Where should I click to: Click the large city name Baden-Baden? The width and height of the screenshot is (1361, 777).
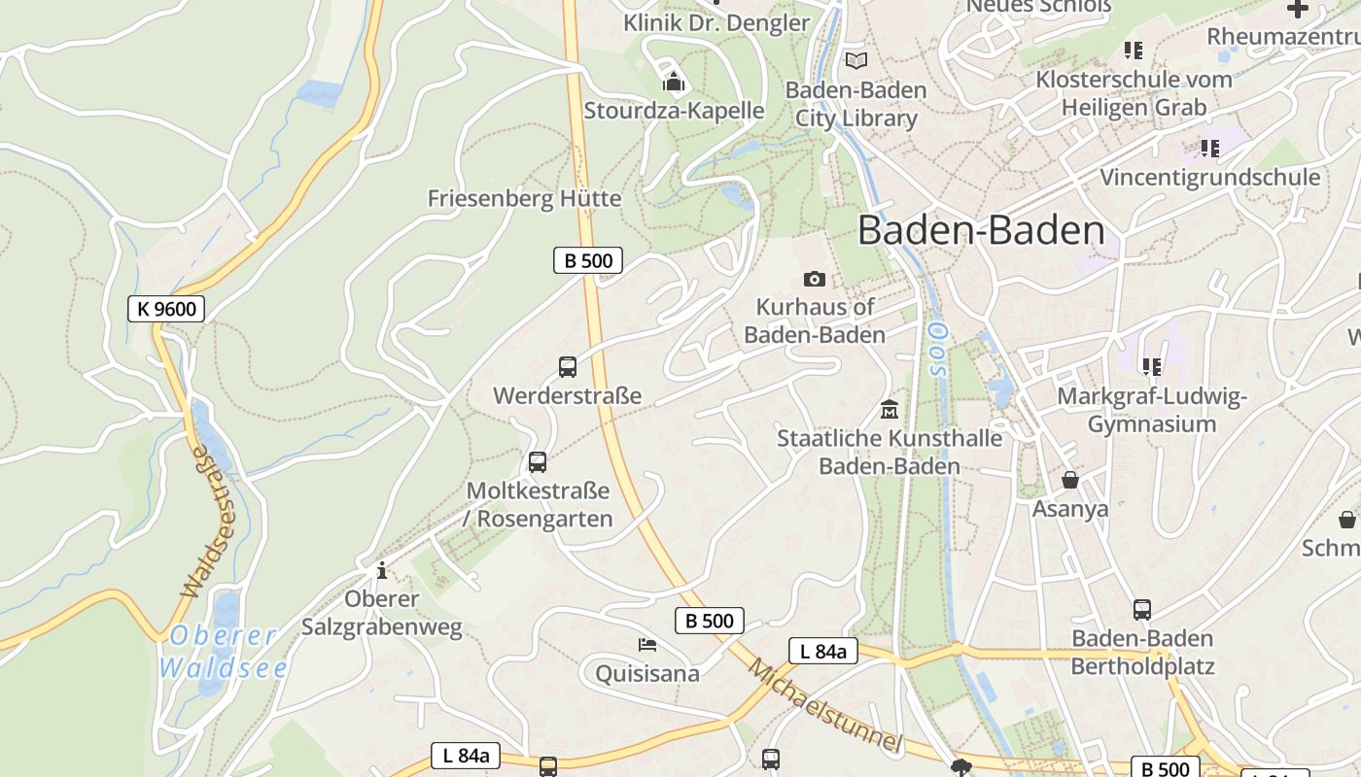tap(981, 231)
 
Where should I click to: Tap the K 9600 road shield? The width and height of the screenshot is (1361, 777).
tap(166, 309)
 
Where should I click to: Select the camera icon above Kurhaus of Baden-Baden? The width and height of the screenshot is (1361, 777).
tap(815, 280)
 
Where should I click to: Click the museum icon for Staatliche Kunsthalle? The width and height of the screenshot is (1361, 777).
tap(889, 409)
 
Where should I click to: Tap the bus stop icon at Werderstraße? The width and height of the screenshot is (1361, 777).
tap(568, 367)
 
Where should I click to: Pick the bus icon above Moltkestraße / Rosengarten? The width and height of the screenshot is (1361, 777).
tap(538, 462)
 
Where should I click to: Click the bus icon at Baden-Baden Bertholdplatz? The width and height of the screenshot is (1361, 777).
tap(1142, 610)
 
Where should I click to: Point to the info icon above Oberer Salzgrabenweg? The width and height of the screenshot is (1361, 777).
tap(382, 569)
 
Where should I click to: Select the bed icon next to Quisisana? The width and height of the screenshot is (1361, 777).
tap(647, 644)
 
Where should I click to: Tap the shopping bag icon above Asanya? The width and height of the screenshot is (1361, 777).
tap(1070, 480)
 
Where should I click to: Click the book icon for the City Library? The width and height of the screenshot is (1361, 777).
tap(855, 61)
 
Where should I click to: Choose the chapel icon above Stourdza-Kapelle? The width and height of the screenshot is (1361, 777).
tap(674, 82)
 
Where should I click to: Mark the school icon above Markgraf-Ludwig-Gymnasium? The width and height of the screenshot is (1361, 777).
tap(1152, 367)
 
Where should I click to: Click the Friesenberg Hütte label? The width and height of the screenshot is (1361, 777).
tap(524, 198)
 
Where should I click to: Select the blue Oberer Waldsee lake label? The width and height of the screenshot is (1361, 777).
tap(224, 652)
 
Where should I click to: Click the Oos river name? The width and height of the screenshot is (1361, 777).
tap(937, 350)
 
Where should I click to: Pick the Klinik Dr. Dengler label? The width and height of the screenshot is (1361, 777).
tap(716, 22)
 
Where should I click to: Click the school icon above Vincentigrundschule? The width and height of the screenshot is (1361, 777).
tap(1210, 149)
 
